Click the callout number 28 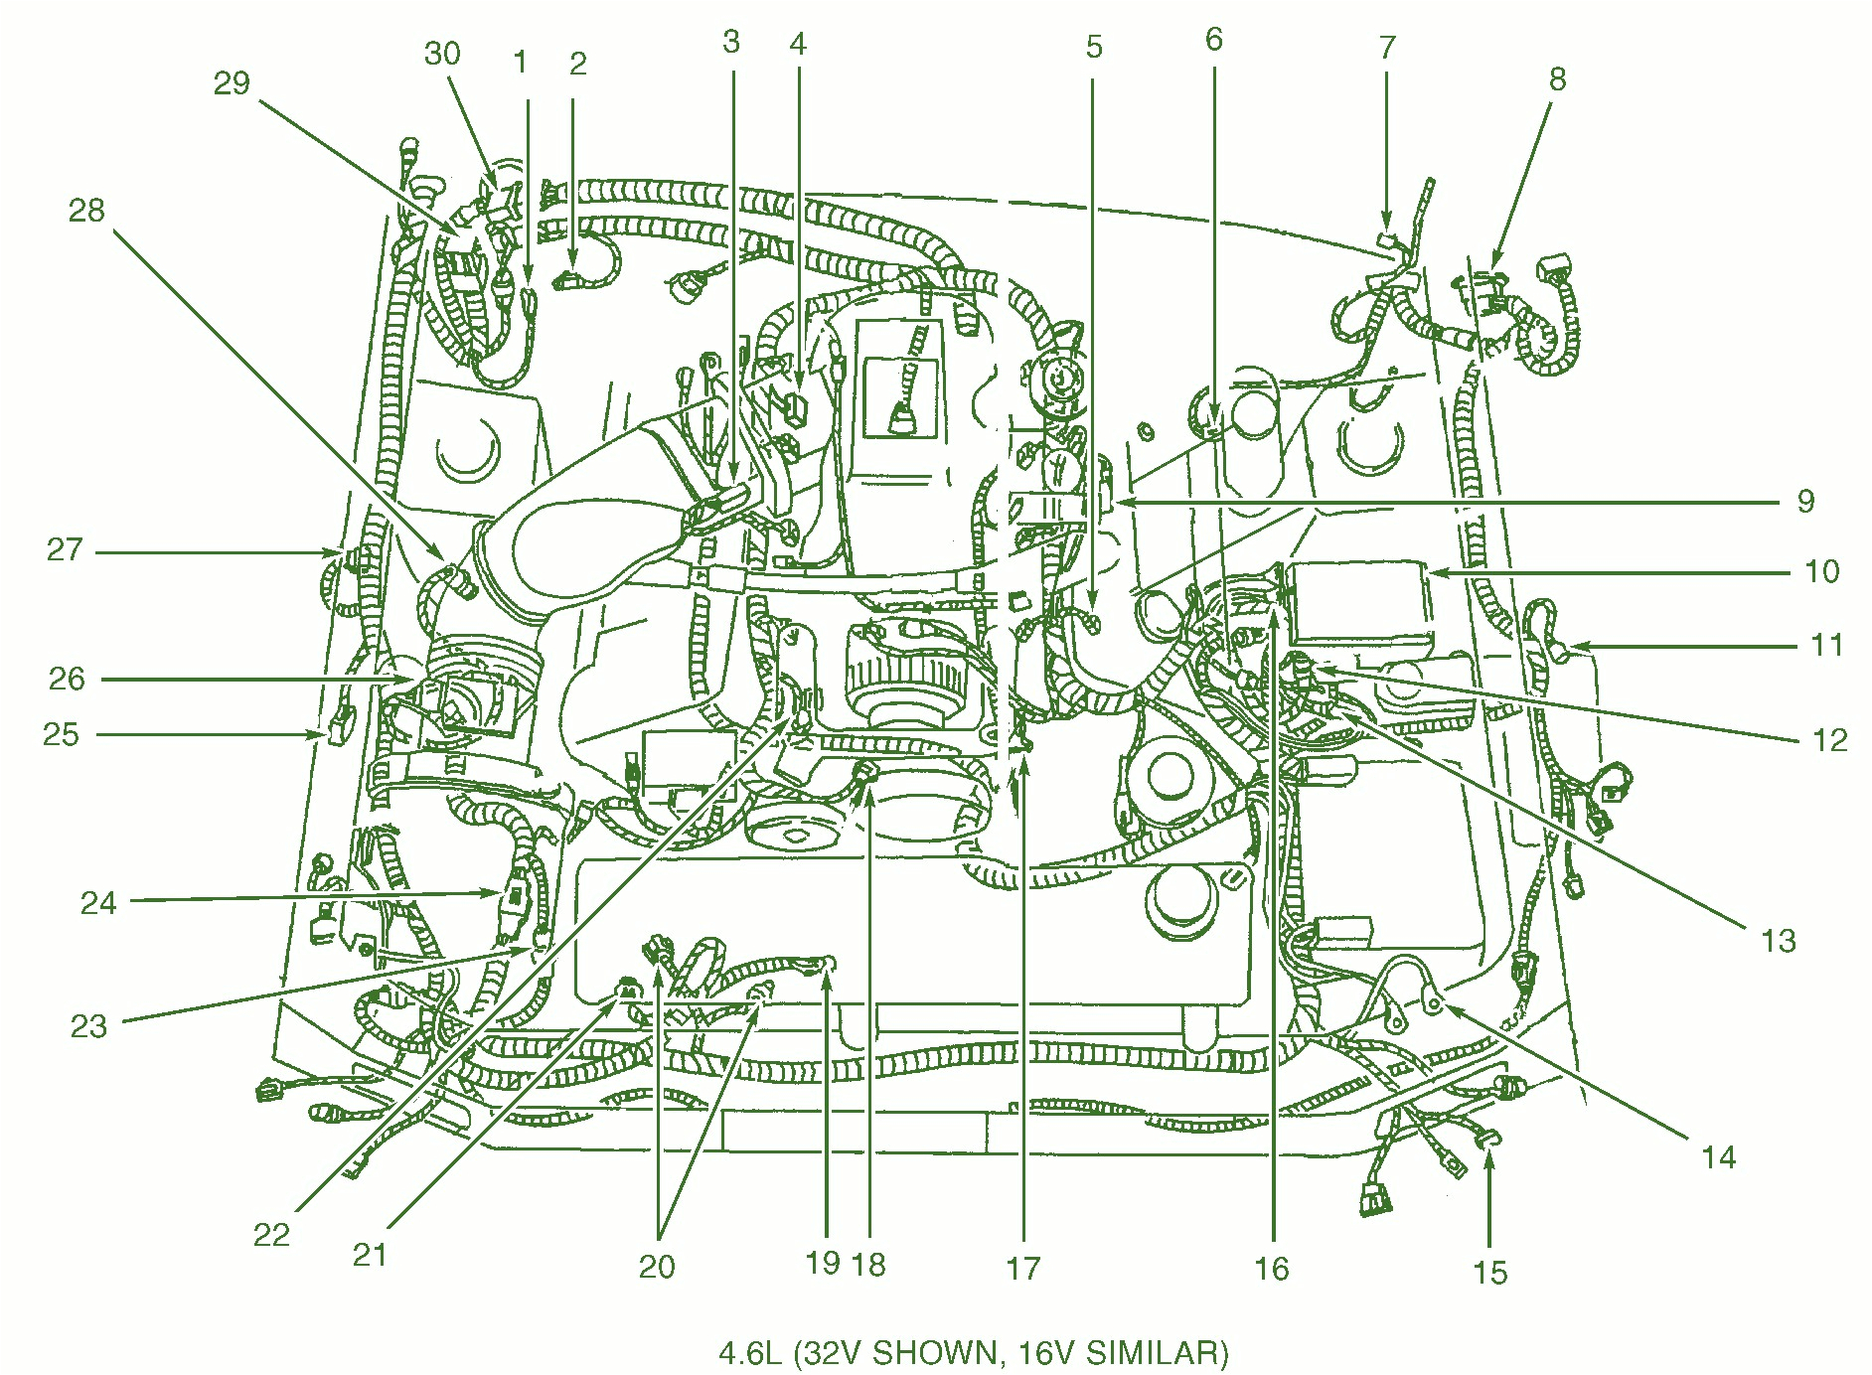pyautogui.click(x=86, y=210)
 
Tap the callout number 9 pyautogui.click(x=1805, y=501)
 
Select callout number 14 pyautogui.click(x=1718, y=1157)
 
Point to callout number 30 pyautogui.click(x=442, y=53)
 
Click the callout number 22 pyautogui.click(x=271, y=1235)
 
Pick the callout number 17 pyautogui.click(x=1022, y=1269)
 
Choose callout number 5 pyautogui.click(x=1094, y=47)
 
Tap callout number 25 pyautogui.click(x=61, y=734)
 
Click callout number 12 pyautogui.click(x=1829, y=740)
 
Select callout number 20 pyautogui.click(x=657, y=1267)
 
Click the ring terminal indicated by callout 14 pyautogui.click(x=1434, y=1004)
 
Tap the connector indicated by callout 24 pyautogui.click(x=515, y=894)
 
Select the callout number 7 pyautogui.click(x=1387, y=47)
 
